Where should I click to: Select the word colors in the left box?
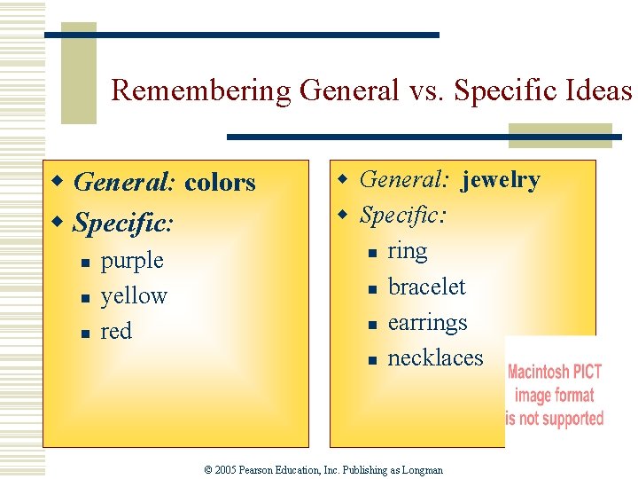[220, 183]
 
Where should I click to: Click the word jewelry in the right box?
[500, 180]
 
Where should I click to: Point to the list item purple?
[132, 261]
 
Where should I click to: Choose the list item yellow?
[134, 296]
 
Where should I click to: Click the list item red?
[116, 332]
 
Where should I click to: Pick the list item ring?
[408, 252]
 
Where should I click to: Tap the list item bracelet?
[426, 287]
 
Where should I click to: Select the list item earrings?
[427, 323]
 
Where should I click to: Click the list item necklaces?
[435, 358]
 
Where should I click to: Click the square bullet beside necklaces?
[372, 360]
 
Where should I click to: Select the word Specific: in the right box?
[403, 216]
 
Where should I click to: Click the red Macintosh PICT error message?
[555, 395]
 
